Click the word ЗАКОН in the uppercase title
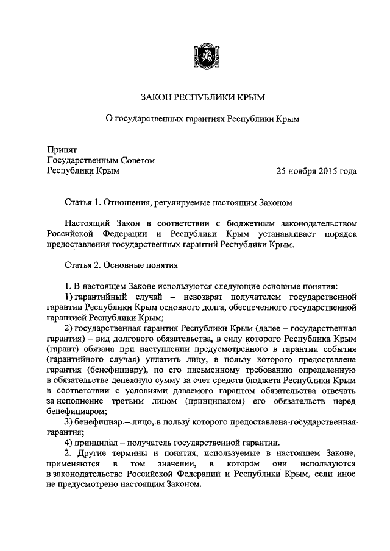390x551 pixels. (157, 96)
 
